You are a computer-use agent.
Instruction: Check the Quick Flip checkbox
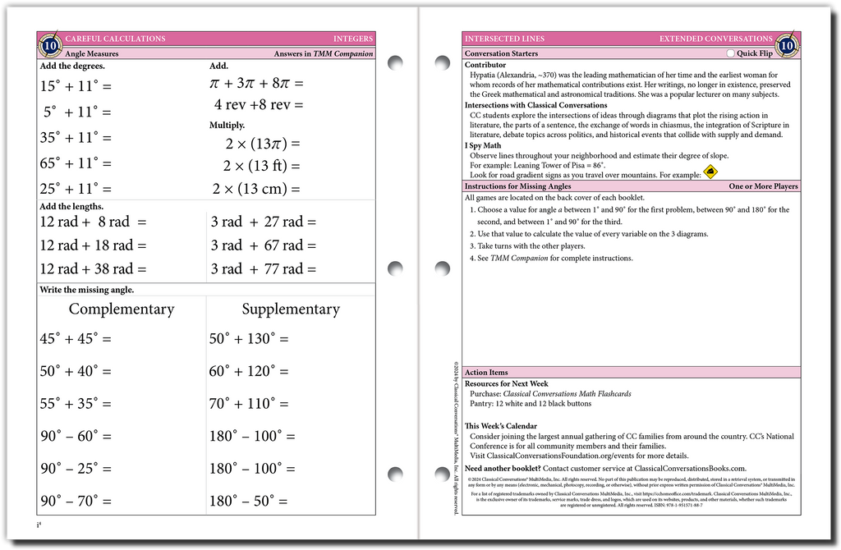point(731,53)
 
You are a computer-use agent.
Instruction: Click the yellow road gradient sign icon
point(710,172)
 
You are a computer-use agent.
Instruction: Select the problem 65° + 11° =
point(75,163)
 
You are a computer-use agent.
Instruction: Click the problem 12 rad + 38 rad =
point(93,268)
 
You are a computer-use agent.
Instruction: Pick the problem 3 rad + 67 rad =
point(263,245)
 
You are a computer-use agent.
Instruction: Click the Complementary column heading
point(122,309)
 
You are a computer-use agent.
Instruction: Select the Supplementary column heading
point(290,309)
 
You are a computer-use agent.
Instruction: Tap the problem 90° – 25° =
point(75,468)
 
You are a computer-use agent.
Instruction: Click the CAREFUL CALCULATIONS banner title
point(115,39)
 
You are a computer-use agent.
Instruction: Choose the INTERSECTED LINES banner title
point(504,39)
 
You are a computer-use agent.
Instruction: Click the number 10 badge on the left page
point(51,45)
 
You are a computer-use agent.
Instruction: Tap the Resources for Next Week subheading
point(506,383)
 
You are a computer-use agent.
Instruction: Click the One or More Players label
point(763,186)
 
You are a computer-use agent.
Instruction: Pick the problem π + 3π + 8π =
point(256,83)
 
